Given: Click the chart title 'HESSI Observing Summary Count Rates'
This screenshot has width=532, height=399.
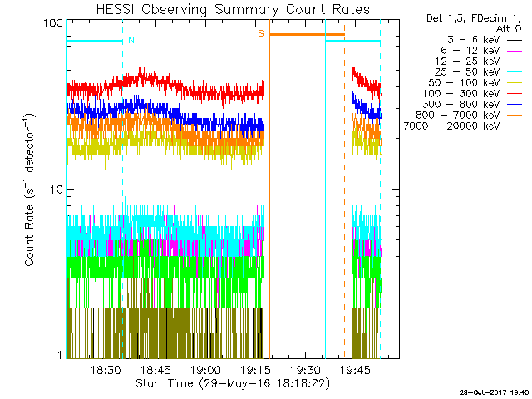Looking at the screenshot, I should (232, 9).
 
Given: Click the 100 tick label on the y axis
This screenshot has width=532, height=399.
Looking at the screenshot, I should (53, 22).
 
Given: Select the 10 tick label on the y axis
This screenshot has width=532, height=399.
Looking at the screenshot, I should (57, 189).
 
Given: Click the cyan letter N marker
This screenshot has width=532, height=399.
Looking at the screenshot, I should (131, 40).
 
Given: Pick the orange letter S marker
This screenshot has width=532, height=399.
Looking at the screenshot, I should (261, 33).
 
